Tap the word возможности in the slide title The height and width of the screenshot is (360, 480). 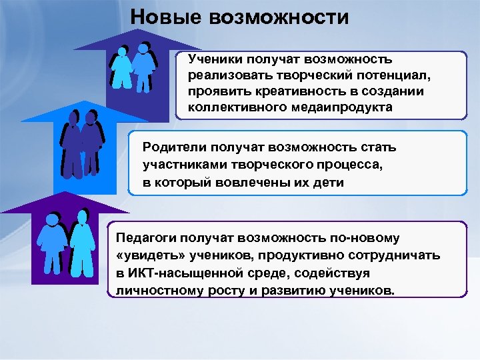coord(279,17)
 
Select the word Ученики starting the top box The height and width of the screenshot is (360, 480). coord(214,61)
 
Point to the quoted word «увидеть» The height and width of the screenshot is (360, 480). coord(146,256)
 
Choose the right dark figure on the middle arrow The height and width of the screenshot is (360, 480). coord(93,143)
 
